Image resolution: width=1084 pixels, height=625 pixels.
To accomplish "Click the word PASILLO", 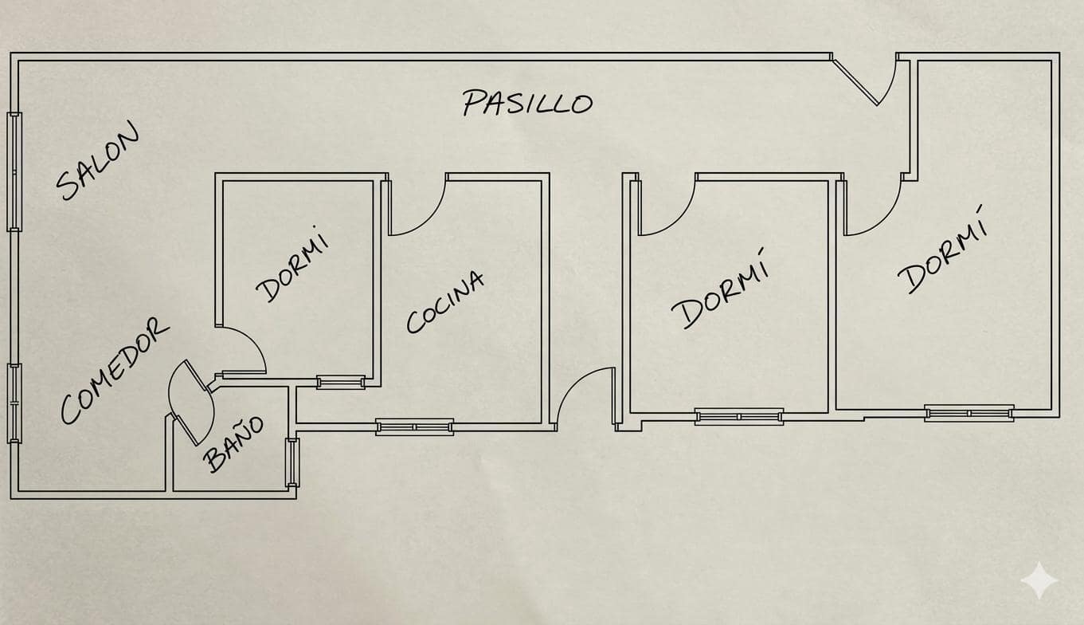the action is (527, 103).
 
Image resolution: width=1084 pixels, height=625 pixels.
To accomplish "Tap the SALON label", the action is (97, 160).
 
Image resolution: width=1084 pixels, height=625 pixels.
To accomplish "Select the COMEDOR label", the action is (115, 371).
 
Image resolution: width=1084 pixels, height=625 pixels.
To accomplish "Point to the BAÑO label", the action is (233, 443).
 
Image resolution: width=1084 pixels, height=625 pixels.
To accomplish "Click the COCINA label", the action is (445, 302).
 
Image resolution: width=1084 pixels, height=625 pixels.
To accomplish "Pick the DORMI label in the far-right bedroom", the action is (942, 250).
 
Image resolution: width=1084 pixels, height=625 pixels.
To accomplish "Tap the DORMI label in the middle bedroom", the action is (720, 289).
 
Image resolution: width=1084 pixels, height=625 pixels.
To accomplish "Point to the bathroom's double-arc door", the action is (190, 402).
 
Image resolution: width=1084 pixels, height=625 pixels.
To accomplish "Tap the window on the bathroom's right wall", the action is (292, 462).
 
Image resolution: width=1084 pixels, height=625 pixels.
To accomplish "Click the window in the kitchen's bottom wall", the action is (415, 426).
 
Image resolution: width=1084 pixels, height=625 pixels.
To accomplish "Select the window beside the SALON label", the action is (14, 172).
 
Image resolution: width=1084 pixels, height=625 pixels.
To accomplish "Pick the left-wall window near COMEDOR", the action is (14, 403).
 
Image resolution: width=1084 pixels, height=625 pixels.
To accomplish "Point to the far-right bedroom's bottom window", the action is (969, 413).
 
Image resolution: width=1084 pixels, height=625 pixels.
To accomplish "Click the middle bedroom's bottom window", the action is (739, 417).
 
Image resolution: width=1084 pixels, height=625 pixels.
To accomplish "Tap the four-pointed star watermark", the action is (1039, 580).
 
